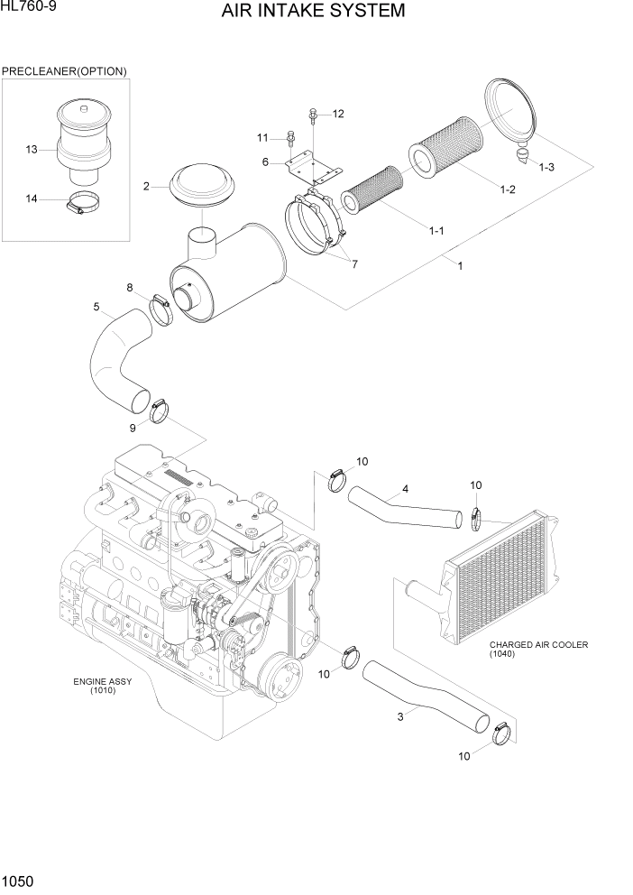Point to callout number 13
32,149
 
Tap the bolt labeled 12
311,114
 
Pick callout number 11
262,137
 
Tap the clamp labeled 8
163,312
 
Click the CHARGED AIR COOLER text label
538,645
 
